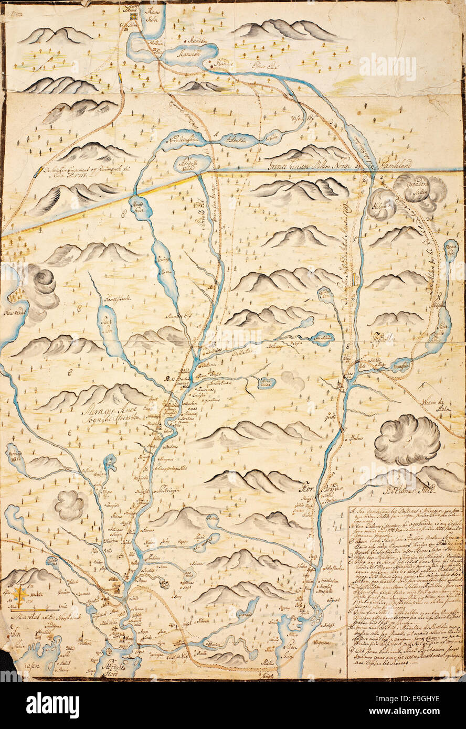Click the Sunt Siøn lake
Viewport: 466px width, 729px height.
pos(107,326)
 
